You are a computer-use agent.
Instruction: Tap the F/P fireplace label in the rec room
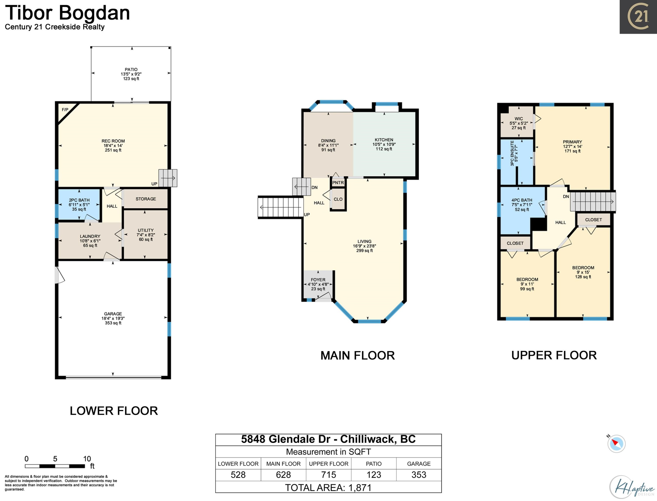(x=65, y=110)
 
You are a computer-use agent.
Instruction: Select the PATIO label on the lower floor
(x=131, y=69)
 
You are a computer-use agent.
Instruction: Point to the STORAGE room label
(x=146, y=199)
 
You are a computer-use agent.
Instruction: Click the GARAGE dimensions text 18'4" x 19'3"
(x=113, y=318)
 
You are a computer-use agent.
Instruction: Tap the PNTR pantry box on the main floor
(x=338, y=182)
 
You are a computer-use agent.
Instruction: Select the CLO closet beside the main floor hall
(x=338, y=199)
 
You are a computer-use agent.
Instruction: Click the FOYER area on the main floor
(x=318, y=284)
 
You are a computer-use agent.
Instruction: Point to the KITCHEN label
(x=384, y=140)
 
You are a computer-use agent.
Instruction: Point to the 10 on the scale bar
(x=87, y=459)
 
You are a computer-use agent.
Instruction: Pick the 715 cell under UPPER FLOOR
(x=328, y=475)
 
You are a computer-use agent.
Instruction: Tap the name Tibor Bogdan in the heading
(x=67, y=13)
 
